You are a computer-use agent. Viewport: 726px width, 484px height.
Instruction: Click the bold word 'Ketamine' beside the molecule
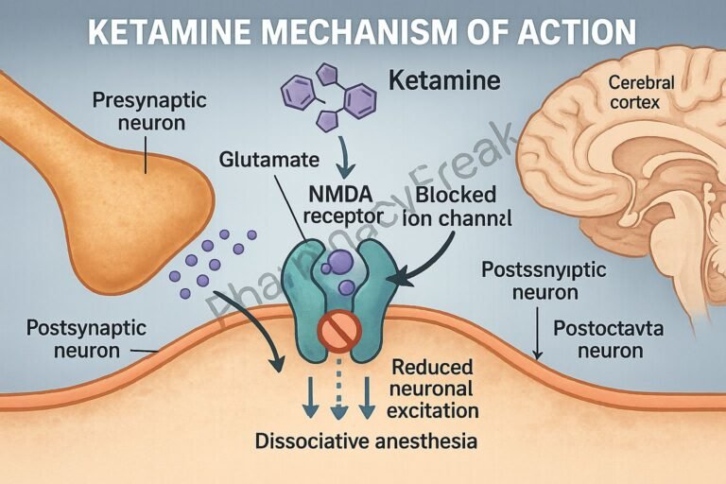(x=446, y=81)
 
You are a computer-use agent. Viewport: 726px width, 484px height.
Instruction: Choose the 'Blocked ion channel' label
(x=458, y=205)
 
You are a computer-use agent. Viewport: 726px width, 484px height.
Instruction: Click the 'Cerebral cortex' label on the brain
(x=641, y=93)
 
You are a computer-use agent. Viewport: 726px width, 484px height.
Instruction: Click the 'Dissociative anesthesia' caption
(x=365, y=441)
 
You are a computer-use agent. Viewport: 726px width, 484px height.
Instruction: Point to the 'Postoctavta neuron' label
(x=597, y=340)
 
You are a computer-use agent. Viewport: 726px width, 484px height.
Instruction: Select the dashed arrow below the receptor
(x=337, y=395)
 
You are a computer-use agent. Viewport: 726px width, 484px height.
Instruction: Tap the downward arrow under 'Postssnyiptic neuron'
(x=536, y=336)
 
